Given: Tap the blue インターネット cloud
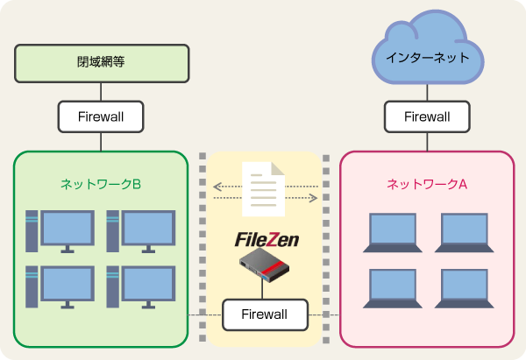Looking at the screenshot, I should click(427, 56).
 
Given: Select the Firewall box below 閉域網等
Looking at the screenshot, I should click(101, 116).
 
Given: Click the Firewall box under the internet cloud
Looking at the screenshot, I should click(427, 116).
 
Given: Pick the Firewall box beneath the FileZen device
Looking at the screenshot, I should click(265, 314).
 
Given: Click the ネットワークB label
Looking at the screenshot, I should click(101, 185).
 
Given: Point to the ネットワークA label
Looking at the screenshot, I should click(427, 185).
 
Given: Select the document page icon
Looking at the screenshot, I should click(265, 189).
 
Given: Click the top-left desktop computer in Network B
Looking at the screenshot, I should click(60, 231).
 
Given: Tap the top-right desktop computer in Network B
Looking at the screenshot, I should click(139, 231).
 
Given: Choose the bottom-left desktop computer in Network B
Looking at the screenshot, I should click(60, 287).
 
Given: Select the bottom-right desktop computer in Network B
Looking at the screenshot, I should click(139, 287).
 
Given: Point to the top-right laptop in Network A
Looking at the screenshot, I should click(463, 234).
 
